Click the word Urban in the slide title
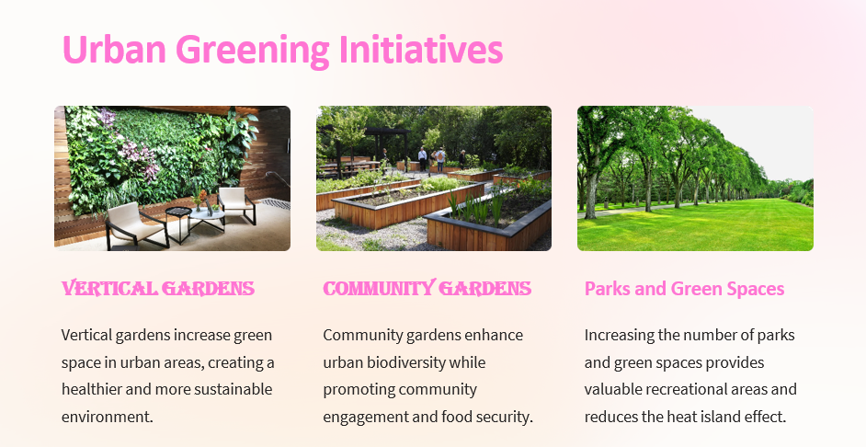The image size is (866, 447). click(x=114, y=49)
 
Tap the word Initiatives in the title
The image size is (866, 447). click(x=421, y=49)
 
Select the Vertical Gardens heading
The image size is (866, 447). click(x=158, y=289)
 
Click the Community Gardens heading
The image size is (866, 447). click(x=427, y=289)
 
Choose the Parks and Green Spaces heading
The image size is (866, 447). click(x=684, y=289)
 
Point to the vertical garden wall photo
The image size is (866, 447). click(x=172, y=178)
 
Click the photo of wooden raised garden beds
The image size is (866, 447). click(x=434, y=178)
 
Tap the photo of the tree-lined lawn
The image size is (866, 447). click(x=695, y=178)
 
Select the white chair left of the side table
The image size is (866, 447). click(x=135, y=224)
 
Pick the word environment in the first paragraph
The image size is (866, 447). click(x=108, y=417)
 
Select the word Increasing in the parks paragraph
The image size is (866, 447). click(x=612, y=336)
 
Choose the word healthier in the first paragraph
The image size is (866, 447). click(x=91, y=389)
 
